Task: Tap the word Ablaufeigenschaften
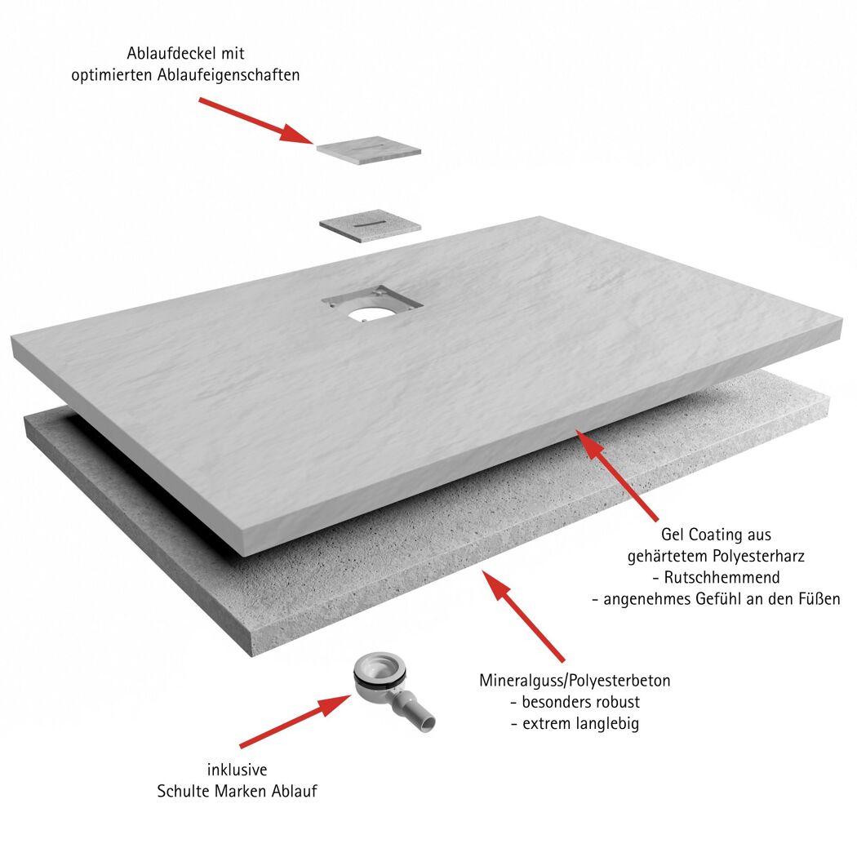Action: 229,75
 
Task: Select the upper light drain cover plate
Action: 369,150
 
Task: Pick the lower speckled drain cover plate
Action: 371,225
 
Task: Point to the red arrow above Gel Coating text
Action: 616,475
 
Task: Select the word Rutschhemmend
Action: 722,577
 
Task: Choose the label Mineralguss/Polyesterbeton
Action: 575,681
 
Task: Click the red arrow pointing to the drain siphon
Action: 295,721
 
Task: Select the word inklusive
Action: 238,770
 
